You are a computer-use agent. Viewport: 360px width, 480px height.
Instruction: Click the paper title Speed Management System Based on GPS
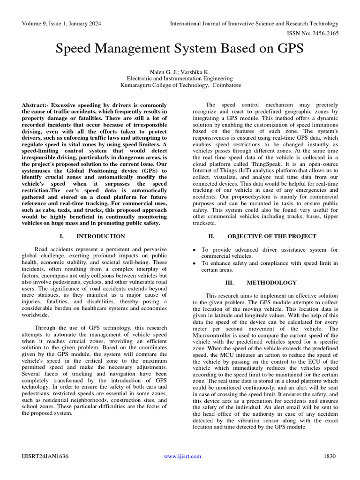pyautogui.click(x=180, y=48)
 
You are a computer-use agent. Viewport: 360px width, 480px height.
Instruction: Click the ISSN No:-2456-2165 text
pyautogui.click(x=316, y=33)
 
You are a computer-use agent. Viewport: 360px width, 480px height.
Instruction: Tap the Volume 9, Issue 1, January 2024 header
pyautogui.click(x=61, y=23)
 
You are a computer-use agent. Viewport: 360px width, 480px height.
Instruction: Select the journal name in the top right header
pyautogui.click(x=254, y=23)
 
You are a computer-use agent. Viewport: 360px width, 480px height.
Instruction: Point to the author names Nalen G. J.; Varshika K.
pyautogui.click(x=180, y=72)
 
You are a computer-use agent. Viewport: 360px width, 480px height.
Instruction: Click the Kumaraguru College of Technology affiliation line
pyautogui.click(x=180, y=86)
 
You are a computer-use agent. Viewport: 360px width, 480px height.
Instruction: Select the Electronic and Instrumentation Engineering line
pyautogui.click(x=180, y=79)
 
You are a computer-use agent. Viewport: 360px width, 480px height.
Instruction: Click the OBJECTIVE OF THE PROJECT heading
pyautogui.click(x=271, y=236)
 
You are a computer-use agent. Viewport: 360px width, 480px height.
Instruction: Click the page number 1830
pyautogui.click(x=330, y=456)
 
